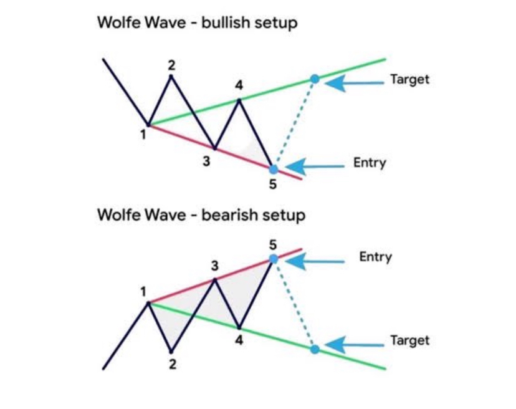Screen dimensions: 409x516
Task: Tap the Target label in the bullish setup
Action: pyautogui.click(x=409, y=80)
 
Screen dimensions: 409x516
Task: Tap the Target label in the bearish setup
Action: pyautogui.click(x=409, y=340)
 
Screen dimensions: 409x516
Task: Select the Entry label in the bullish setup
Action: pyautogui.click(x=370, y=163)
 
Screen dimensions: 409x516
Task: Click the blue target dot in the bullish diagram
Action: pyautogui.click(x=315, y=79)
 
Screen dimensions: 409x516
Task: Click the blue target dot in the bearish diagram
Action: pyautogui.click(x=315, y=349)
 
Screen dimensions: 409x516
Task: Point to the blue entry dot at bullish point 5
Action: pyautogui.click(x=273, y=168)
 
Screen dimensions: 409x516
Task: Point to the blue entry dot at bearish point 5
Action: pyautogui.click(x=273, y=258)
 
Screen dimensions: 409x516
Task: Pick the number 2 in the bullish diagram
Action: pyautogui.click(x=171, y=64)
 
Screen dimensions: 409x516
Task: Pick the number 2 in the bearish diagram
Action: pyautogui.click(x=172, y=365)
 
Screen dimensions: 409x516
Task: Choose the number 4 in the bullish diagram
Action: pyautogui.click(x=239, y=86)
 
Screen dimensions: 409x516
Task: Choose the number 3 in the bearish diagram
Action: pyautogui.click(x=214, y=266)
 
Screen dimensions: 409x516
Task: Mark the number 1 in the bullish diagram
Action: pyautogui.click(x=143, y=133)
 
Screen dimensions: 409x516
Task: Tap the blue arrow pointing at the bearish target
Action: pyautogui.click(x=351, y=344)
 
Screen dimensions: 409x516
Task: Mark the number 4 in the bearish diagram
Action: pyautogui.click(x=239, y=340)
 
